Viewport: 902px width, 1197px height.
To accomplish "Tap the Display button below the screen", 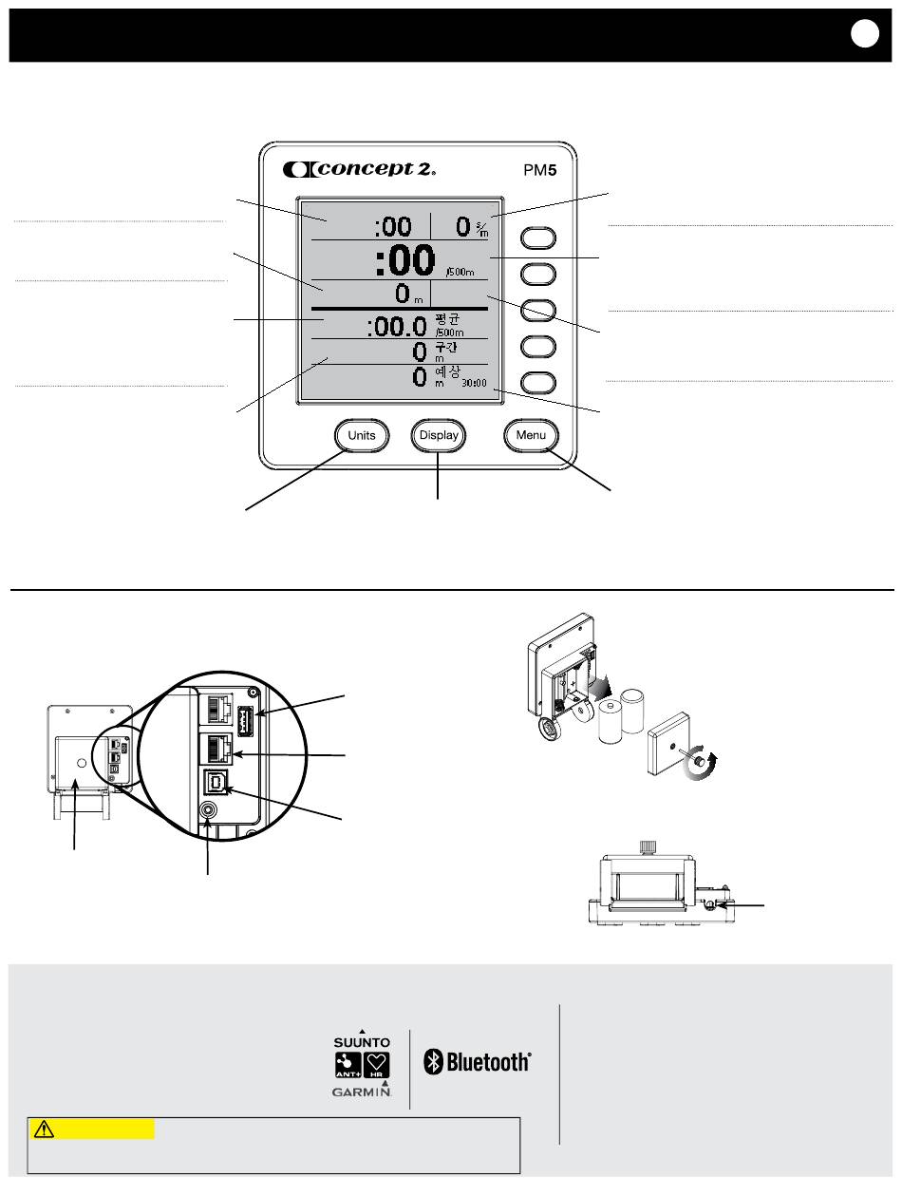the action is (440, 436).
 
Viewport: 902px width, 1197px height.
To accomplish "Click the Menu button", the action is (531, 436).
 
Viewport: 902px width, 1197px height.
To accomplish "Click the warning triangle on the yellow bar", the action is (44, 1129).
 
